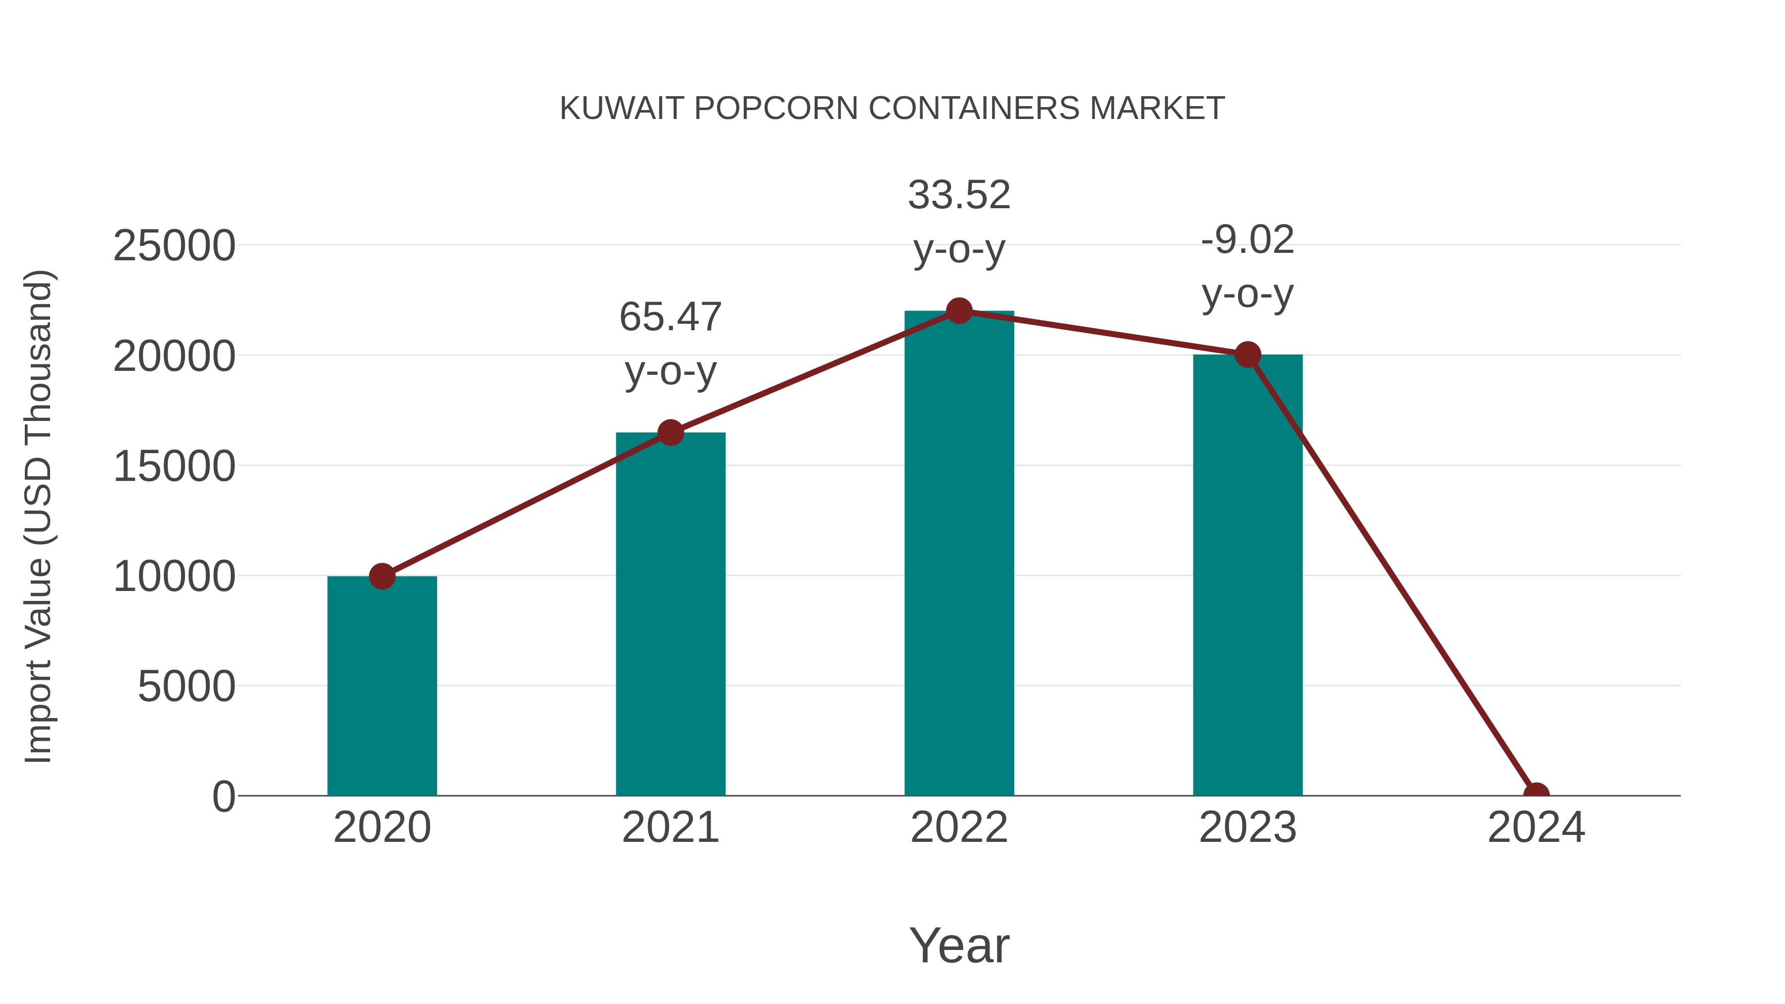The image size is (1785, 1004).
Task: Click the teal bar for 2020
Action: click(382, 686)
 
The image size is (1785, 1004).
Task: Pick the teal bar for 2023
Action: click(1248, 575)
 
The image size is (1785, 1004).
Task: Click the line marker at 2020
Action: click(382, 576)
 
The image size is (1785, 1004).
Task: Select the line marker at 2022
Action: click(959, 311)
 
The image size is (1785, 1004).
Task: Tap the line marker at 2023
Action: click(1248, 355)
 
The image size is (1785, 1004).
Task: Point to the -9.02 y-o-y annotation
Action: click(1248, 267)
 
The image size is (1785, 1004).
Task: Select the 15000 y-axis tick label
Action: click(174, 467)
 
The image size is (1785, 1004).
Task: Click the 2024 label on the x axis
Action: click(1536, 827)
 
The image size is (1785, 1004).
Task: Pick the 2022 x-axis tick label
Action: click(959, 827)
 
